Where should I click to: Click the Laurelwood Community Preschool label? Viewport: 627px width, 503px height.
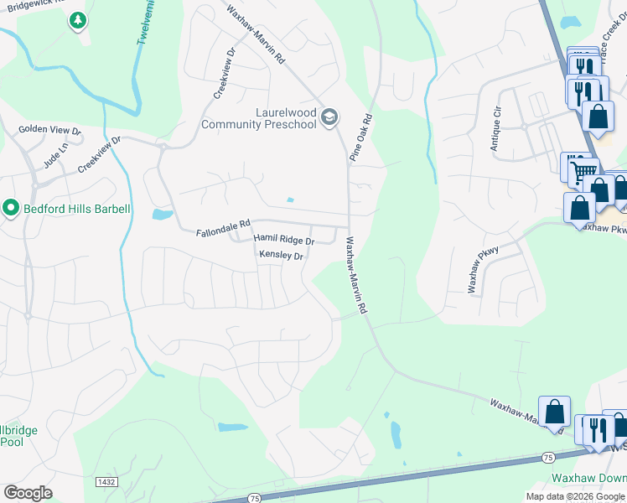(x=258, y=118)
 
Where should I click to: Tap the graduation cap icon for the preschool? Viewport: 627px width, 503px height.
(x=330, y=117)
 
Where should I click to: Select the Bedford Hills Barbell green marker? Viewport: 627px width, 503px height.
(x=11, y=207)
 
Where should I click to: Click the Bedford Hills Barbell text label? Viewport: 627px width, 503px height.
(x=76, y=208)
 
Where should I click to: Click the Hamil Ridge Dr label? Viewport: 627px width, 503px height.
(x=283, y=240)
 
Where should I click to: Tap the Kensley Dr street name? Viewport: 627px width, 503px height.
(x=280, y=255)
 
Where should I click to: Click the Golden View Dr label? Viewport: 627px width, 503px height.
(x=49, y=130)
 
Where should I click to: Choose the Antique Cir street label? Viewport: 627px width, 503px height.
(x=495, y=132)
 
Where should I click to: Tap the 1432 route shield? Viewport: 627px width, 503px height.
(x=106, y=482)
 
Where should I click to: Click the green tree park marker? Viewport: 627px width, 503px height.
(x=78, y=19)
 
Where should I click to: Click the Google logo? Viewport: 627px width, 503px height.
(x=28, y=493)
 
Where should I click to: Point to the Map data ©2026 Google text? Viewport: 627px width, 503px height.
(x=574, y=496)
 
